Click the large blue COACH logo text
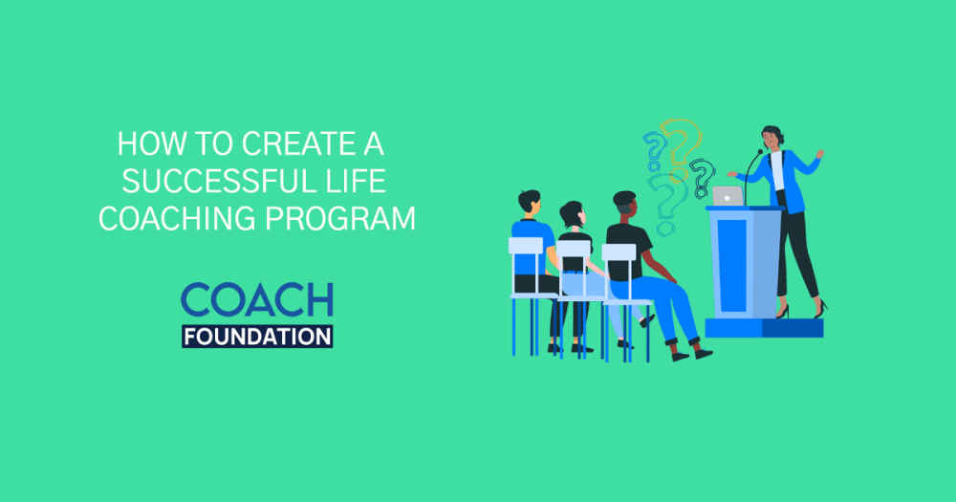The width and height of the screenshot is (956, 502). pos(256,300)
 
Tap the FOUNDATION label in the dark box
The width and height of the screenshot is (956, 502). pos(256,336)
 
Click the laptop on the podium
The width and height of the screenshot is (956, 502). pos(728,196)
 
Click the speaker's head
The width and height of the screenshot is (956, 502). pos(771,136)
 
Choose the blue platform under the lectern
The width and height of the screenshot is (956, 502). pos(764,328)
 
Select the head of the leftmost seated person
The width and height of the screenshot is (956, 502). pos(529,203)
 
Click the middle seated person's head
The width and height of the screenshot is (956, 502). pos(573,214)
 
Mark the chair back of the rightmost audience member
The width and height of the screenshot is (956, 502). pos(619,252)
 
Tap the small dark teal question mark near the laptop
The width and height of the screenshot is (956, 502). pos(704,176)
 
